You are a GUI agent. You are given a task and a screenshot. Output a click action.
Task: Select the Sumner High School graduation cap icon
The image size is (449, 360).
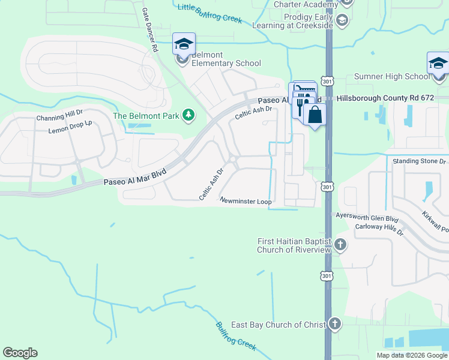click(x=438, y=64)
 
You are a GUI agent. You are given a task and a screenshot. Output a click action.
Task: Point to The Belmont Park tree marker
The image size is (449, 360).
click(x=188, y=115)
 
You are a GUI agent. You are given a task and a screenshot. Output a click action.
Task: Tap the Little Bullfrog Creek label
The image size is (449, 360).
click(x=209, y=13)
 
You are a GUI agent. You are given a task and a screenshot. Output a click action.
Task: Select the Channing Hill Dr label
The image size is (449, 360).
click(x=59, y=118)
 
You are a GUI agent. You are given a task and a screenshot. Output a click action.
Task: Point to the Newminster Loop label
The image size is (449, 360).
click(x=246, y=202)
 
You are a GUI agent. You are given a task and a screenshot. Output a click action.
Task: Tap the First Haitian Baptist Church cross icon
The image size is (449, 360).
click(x=340, y=244)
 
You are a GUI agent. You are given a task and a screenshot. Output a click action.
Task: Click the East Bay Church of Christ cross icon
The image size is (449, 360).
click(x=334, y=324)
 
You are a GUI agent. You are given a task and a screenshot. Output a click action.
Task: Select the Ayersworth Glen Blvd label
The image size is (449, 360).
click(x=367, y=218)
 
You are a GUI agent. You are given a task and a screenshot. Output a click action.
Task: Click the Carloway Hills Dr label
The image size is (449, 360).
click(x=378, y=227)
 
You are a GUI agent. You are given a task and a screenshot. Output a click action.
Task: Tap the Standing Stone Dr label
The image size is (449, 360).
click(x=420, y=161)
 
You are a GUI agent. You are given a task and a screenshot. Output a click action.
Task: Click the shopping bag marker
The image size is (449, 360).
click(x=315, y=114)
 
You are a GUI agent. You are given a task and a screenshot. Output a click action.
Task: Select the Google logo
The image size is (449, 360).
click(x=20, y=353)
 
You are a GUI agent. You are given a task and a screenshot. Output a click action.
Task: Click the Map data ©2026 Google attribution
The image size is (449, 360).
click(x=411, y=355)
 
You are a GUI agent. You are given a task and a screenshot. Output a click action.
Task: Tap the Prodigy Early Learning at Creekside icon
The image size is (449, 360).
click(x=342, y=21)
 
